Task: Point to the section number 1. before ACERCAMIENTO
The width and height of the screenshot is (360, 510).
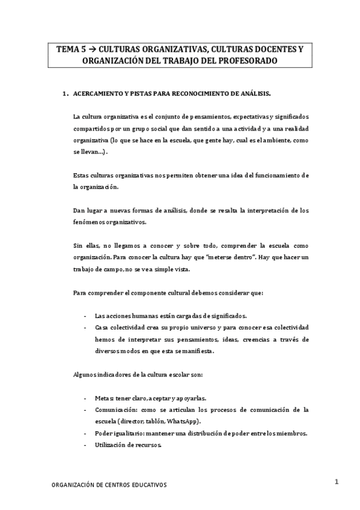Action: point(65,94)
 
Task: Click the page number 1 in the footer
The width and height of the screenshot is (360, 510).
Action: point(337,481)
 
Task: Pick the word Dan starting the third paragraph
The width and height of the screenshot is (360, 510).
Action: point(78,210)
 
